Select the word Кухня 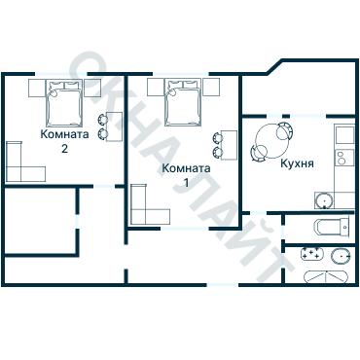pos(297,163)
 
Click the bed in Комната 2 pos(63,102)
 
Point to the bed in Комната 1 pos(183,102)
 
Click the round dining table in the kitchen pos(271,141)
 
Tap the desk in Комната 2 pos(114,126)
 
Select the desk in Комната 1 pos(229,145)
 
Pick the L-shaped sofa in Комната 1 pos(138,216)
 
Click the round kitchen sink pos(324,200)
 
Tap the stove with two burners pos(344,158)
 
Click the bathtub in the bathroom pos(326,277)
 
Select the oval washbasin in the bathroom pos(341,256)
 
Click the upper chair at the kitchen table pos(285,130)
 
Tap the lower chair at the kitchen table pos(259,153)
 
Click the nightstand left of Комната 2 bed pos(37,88)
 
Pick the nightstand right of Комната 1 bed pos(211,88)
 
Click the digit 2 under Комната pos(64,149)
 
